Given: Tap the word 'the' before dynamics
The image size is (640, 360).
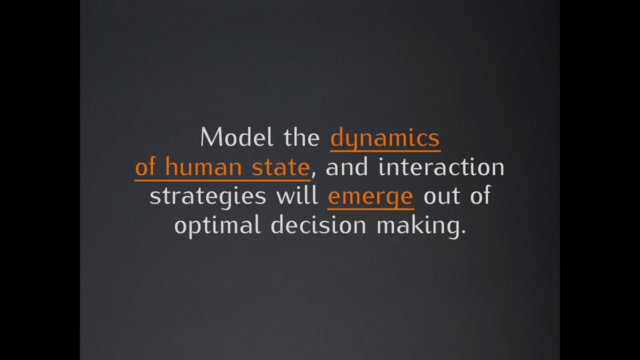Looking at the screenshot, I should click(x=301, y=137).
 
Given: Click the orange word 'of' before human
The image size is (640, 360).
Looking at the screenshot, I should click(x=146, y=166).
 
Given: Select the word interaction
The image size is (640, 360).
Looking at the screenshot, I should click(x=441, y=166).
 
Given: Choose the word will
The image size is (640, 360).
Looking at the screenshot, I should click(x=297, y=195).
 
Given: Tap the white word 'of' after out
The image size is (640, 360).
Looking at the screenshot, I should click(x=479, y=195).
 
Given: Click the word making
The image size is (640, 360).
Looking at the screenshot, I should click(x=416, y=225).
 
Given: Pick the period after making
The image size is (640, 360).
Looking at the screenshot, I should click(x=462, y=232).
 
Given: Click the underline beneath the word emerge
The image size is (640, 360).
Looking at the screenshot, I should click(x=370, y=206).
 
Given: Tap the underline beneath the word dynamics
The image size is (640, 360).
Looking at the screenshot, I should click(x=385, y=149).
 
